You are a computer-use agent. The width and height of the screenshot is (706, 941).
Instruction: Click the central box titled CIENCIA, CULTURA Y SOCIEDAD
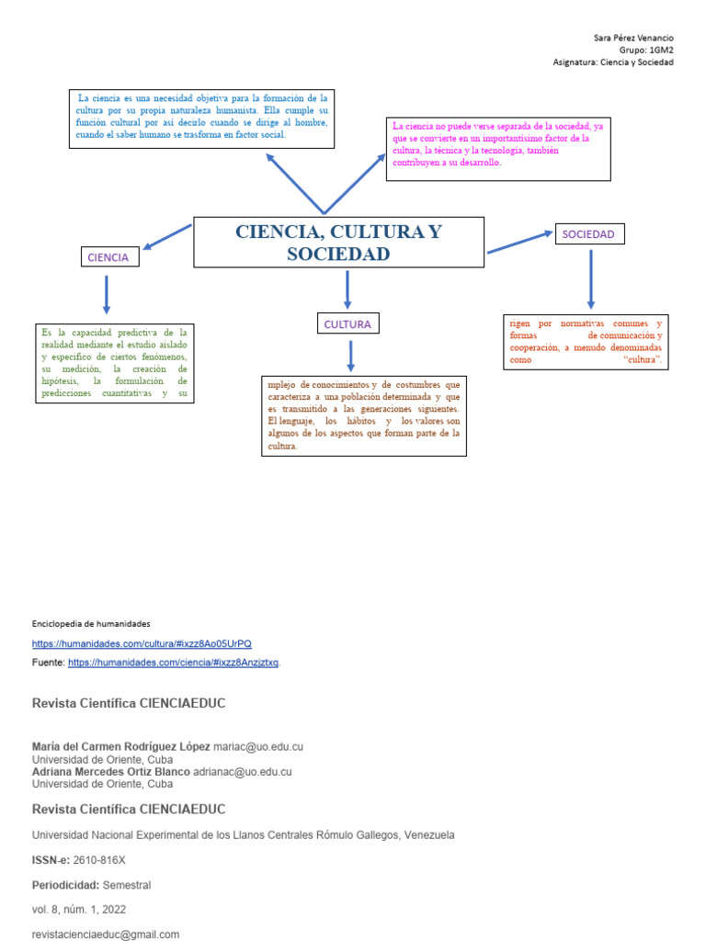tap(338, 243)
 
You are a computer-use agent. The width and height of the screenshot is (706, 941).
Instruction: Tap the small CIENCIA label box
tap(108, 257)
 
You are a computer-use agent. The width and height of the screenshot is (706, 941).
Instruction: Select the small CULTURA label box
tap(347, 323)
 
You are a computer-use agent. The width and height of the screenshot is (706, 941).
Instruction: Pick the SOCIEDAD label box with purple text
tap(588, 234)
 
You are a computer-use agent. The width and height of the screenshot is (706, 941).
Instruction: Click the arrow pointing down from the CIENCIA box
tap(107, 294)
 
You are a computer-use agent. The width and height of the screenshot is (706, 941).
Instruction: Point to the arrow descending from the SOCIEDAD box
tap(590, 278)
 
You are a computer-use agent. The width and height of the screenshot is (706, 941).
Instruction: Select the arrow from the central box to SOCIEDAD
tap(518, 242)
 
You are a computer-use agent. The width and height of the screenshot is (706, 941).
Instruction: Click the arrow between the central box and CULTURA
tap(347, 289)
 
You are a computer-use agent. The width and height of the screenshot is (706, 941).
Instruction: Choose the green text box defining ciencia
tap(115, 363)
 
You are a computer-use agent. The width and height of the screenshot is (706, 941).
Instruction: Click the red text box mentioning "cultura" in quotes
tap(586, 342)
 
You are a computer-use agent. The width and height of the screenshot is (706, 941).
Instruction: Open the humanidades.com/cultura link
tap(142, 643)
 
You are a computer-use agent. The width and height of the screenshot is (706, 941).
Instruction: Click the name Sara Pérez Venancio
tap(634, 38)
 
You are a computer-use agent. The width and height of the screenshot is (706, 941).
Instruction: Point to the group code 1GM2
tap(660, 51)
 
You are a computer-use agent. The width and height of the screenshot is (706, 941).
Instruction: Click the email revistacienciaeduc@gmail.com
tap(106, 934)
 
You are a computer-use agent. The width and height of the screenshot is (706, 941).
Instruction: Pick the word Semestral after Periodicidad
tap(127, 885)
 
